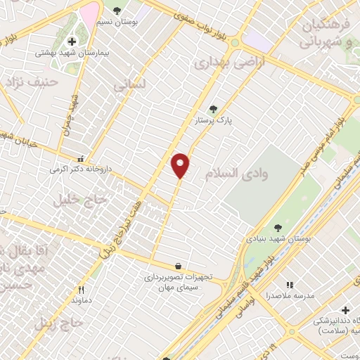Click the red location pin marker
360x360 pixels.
181,165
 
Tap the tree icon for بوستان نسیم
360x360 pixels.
117,11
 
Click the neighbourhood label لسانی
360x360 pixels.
129,84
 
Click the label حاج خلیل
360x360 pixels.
79,200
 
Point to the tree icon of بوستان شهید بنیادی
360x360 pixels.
278,227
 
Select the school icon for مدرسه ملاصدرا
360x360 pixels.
290,285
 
